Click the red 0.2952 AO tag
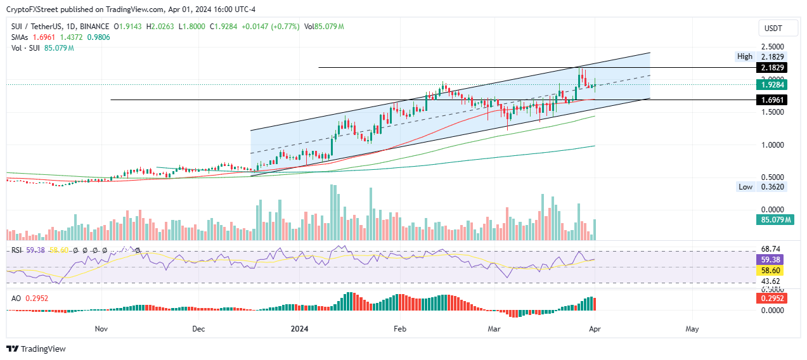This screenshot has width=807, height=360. pos(771,298)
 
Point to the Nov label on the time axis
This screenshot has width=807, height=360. pos(101,329)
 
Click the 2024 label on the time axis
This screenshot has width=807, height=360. pos(299,329)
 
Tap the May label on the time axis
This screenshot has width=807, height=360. pos(692,329)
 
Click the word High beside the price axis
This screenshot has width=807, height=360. pos(745,56)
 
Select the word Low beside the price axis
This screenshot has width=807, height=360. pos(746,187)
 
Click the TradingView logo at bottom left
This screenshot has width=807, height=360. pos(36,349)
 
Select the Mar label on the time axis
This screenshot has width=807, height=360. pos(494,329)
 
